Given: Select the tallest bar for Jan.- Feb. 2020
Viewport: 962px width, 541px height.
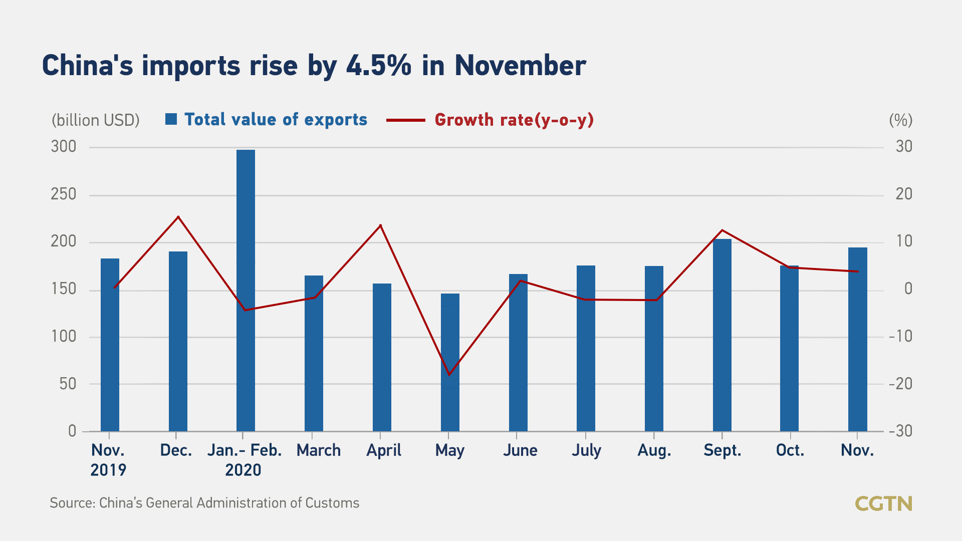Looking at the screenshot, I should point(246,291).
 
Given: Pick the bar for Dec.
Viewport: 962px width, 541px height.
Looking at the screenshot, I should point(178,341).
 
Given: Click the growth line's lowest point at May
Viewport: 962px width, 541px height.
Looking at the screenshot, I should point(449,374).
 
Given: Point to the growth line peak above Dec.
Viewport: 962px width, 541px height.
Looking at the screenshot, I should point(178,217).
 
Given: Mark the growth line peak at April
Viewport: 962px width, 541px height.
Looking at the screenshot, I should point(381,225).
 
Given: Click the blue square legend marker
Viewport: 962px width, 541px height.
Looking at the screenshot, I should point(171,119).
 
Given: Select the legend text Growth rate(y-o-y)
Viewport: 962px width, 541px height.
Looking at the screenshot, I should point(514,120).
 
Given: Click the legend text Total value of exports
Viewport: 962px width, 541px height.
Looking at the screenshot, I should point(276,119).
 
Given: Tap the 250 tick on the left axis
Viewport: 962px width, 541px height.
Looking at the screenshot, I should point(64,194).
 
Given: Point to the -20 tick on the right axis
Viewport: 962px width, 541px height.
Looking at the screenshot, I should point(900,384).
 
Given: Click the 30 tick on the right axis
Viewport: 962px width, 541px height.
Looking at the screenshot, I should point(904,147).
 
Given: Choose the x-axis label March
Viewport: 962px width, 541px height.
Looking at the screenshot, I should point(319,450).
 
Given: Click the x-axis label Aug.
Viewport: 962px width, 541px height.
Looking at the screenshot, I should point(654,450).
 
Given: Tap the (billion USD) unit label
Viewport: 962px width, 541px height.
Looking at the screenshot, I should point(96,120).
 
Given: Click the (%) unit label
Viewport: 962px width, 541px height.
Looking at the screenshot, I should point(900,120).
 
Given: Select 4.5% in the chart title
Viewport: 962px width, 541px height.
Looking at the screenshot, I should point(379,66).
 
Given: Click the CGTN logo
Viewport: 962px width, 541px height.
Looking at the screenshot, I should point(883,503).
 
